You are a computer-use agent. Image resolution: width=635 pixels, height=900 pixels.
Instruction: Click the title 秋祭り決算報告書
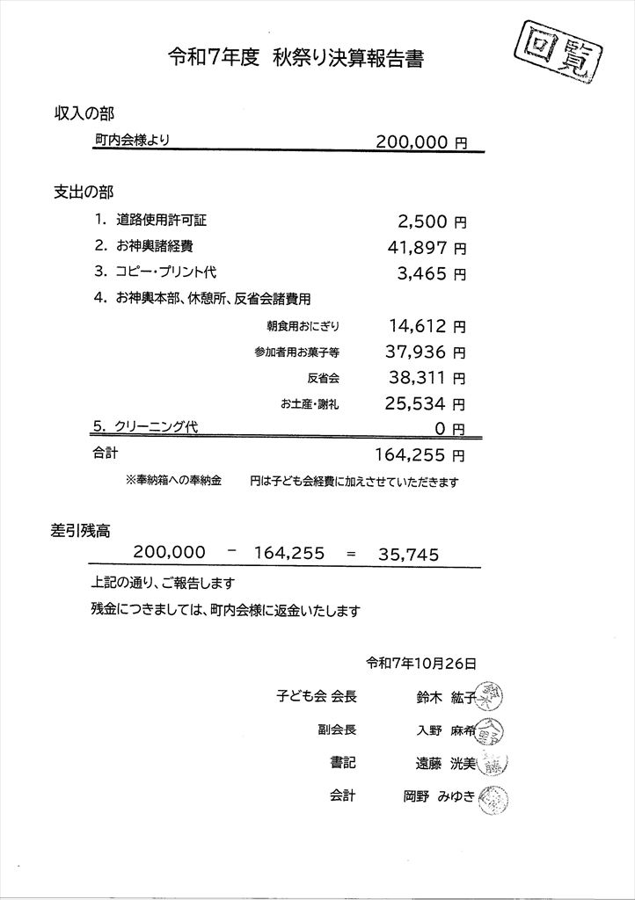pos(348,59)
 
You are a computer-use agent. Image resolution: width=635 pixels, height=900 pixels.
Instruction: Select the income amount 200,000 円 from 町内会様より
pos(420,142)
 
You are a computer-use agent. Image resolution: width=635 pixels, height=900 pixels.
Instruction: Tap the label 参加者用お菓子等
pos(296,352)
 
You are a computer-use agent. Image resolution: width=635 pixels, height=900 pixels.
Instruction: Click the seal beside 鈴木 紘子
pos(489,697)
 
